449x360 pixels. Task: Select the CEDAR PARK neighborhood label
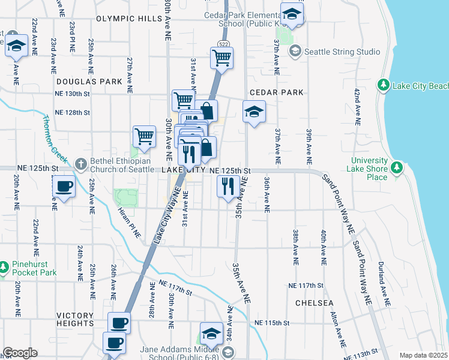(276, 92)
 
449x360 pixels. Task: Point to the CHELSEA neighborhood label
(315, 303)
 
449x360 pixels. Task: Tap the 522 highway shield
(223, 44)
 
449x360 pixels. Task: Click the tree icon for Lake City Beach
(384, 86)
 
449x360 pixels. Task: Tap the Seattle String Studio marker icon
(295, 52)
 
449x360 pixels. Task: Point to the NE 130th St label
(72, 94)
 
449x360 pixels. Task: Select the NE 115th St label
(271, 323)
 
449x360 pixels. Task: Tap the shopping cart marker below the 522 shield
(221, 58)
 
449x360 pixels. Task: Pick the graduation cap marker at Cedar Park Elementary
(292, 16)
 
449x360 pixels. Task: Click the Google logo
(20, 353)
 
